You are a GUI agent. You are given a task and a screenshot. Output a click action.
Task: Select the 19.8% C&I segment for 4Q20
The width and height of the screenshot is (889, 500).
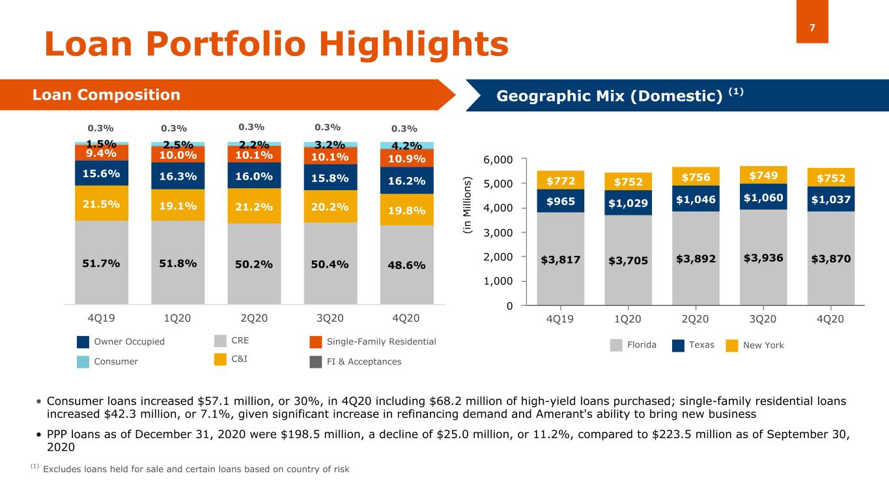click(407, 210)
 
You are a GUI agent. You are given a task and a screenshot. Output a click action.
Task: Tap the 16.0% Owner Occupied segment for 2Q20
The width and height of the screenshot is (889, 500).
click(254, 175)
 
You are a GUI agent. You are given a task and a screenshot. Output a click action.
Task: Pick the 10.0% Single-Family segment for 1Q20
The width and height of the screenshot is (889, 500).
click(178, 154)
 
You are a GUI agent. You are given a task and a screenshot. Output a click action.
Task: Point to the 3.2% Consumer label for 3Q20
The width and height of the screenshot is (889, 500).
click(330, 144)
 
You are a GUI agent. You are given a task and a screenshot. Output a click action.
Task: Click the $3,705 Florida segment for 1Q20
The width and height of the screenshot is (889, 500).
click(627, 260)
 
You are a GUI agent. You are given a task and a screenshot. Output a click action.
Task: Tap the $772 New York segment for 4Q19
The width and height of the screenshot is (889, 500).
click(560, 180)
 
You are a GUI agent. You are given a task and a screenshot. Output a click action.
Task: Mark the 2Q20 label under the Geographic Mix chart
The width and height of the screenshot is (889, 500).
click(694, 319)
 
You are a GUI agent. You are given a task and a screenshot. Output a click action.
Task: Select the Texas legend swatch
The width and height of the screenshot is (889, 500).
click(679, 346)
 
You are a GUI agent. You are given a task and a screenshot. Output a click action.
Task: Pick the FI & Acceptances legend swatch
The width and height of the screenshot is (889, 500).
click(316, 362)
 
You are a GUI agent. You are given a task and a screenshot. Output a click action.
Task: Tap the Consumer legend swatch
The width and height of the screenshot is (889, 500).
click(83, 362)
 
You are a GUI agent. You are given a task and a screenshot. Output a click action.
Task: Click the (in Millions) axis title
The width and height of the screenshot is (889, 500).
click(466, 208)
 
